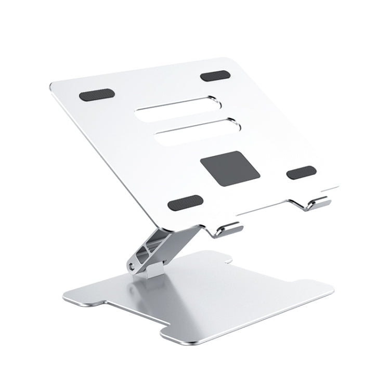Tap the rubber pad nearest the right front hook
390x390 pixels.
(301, 172)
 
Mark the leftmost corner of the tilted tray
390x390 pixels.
(50, 84)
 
